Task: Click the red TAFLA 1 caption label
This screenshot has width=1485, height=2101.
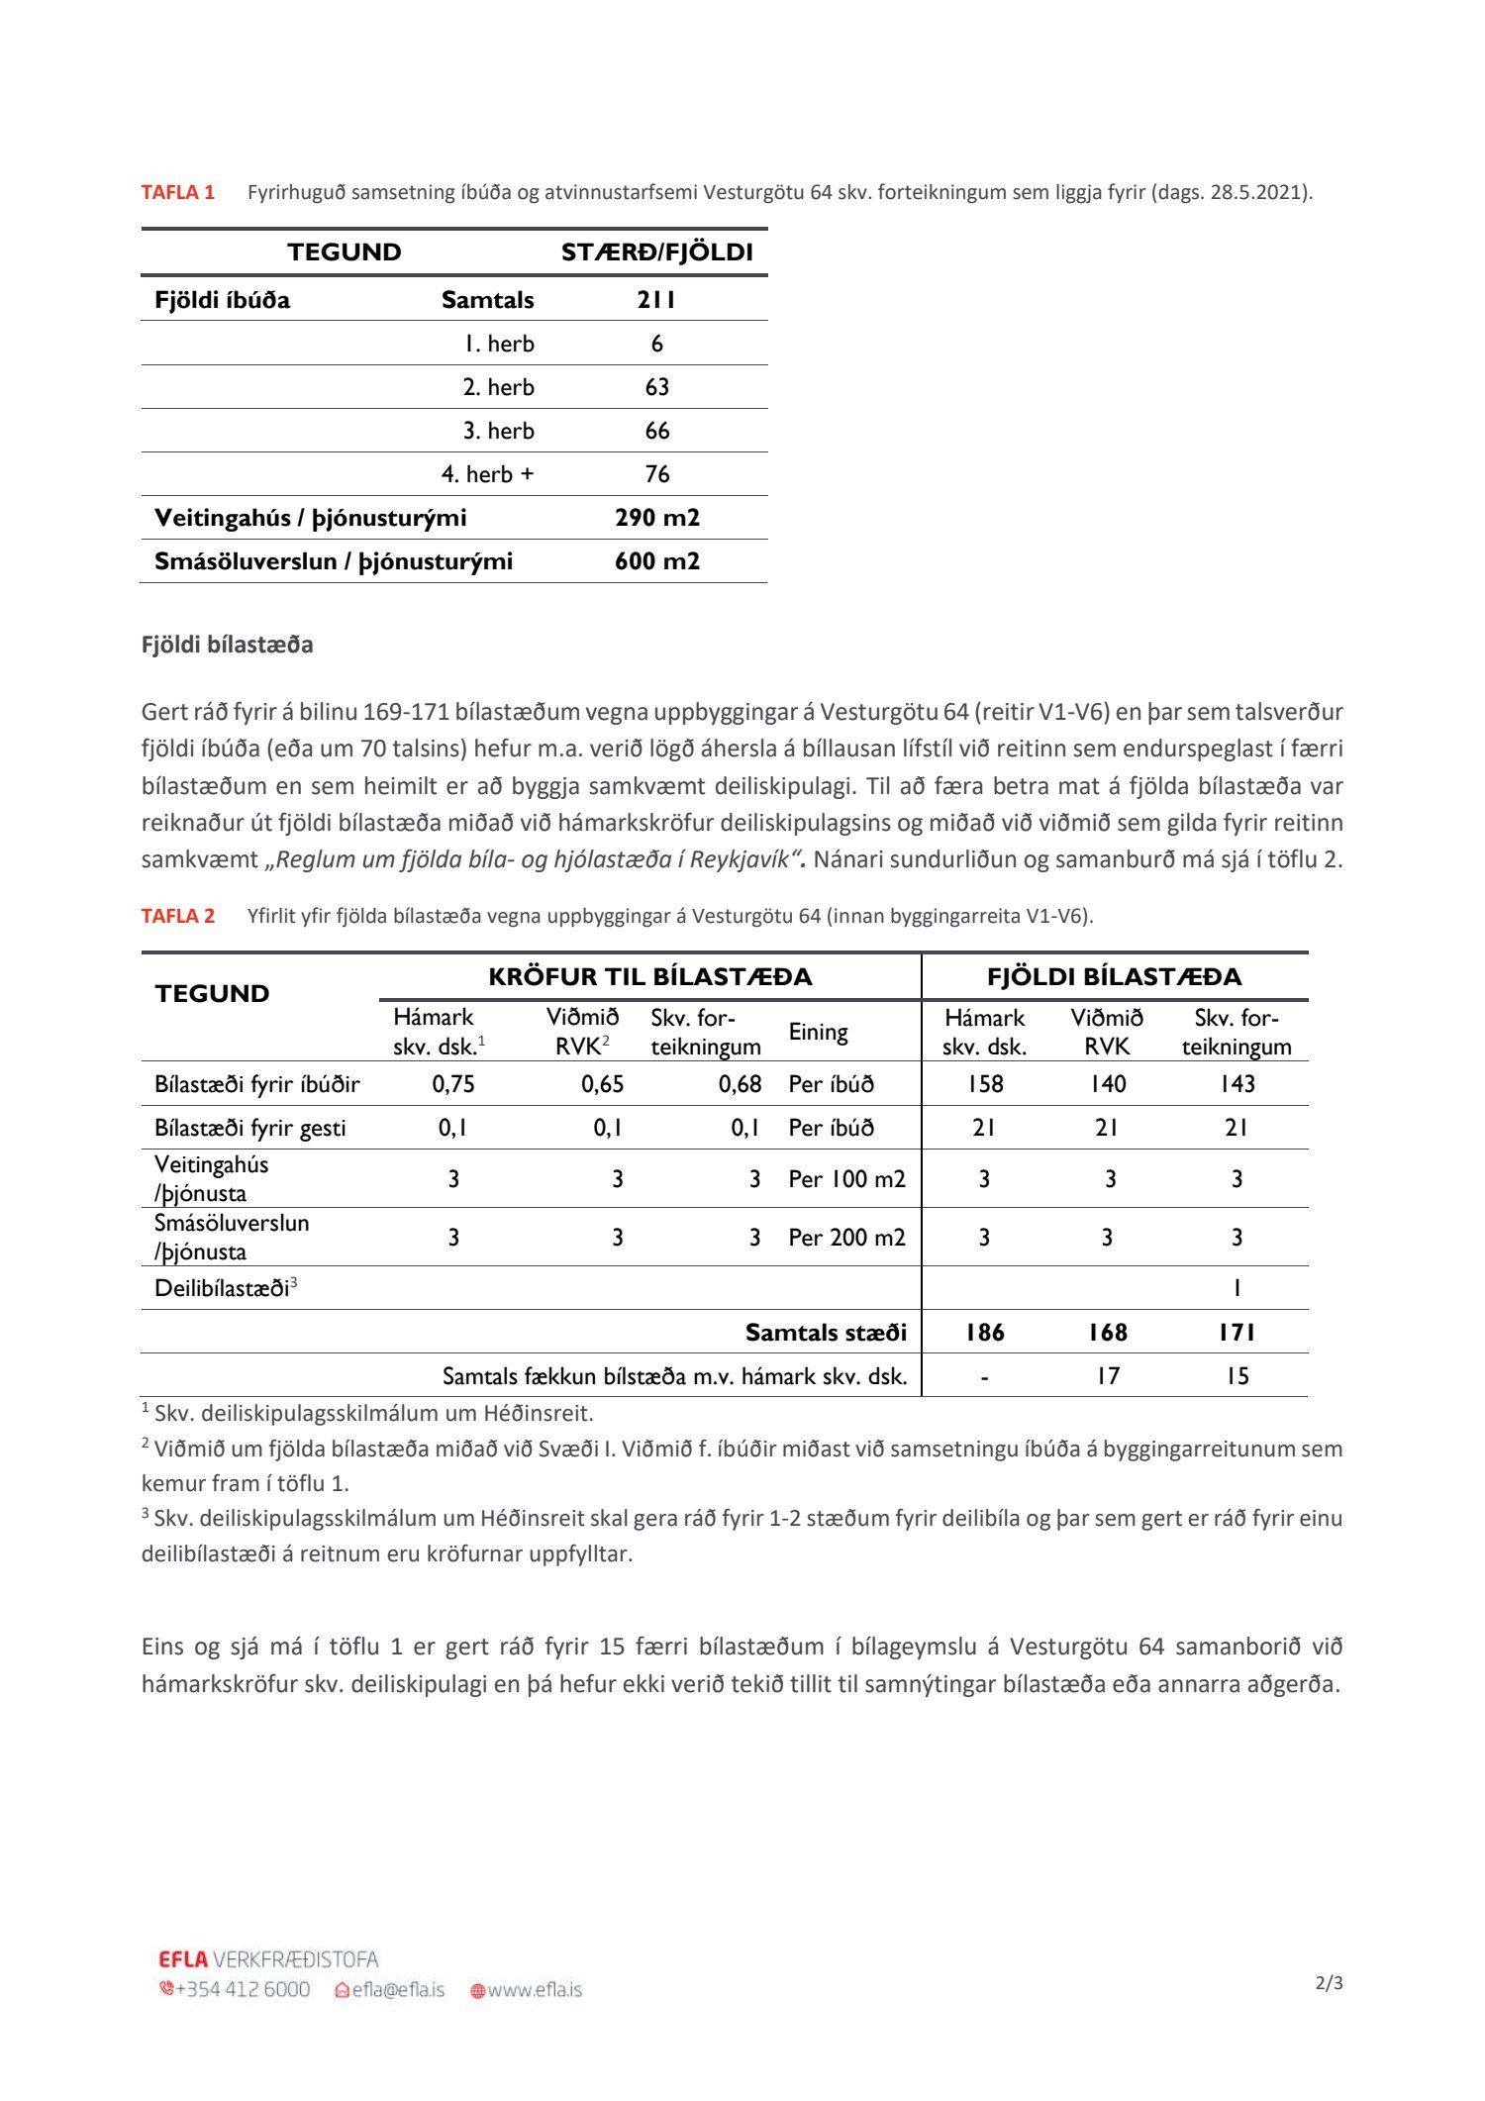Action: click(178, 192)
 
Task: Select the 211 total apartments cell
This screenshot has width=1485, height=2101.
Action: click(656, 300)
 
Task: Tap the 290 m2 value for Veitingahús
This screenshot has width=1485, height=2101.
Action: click(656, 518)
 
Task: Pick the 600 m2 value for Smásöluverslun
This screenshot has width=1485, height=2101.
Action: click(656, 561)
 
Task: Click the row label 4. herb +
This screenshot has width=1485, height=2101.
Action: click(487, 474)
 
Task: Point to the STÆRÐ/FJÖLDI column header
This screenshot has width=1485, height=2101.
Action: click(656, 252)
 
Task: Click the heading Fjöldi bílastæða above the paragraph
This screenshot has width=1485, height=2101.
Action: click(227, 645)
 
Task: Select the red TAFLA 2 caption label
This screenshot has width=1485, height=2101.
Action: click(178, 916)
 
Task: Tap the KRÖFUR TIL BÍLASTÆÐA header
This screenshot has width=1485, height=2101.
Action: click(649, 977)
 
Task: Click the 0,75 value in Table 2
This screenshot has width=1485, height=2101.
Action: click(453, 1084)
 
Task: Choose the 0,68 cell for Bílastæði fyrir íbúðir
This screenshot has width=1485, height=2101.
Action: click(740, 1084)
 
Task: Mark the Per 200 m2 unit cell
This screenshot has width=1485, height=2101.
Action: click(846, 1237)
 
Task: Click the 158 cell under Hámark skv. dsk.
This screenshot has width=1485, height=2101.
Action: click(984, 1084)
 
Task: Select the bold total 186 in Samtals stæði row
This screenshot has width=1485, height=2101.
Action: click(984, 1333)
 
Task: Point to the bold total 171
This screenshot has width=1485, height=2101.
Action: click(1237, 1333)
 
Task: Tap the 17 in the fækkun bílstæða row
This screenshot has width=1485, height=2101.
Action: click(1107, 1376)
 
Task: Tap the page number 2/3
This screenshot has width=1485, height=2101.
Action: click(1329, 1983)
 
